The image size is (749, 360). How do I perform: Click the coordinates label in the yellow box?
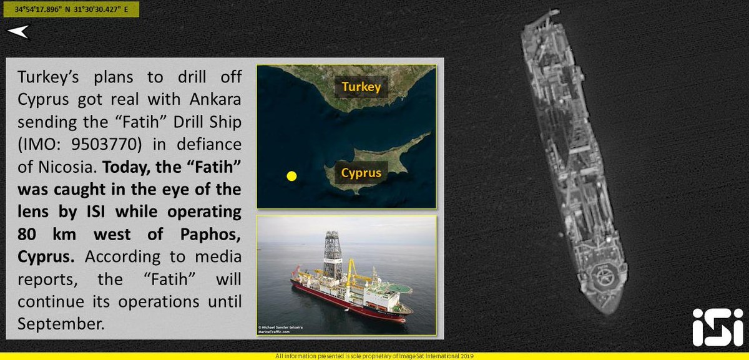pyautogui.click(x=71, y=9)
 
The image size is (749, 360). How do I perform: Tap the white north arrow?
pyautogui.click(x=19, y=32)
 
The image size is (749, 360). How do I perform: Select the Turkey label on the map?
pyautogui.click(x=361, y=87)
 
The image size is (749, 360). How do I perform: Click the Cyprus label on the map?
pyautogui.click(x=361, y=173)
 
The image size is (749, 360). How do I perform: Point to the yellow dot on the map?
pyautogui.click(x=291, y=176)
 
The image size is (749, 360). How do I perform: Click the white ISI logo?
pyautogui.click(x=718, y=327)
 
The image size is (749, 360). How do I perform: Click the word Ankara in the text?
pyautogui.click(x=215, y=99)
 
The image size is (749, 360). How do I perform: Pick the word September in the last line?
pyautogui.click(x=61, y=324)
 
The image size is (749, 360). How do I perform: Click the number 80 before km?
pyautogui.click(x=27, y=235)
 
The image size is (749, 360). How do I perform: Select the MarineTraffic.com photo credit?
pyautogui.click(x=274, y=331)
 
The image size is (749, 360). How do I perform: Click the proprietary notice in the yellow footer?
pyautogui.click(x=374, y=356)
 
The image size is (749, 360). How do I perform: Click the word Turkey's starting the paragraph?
pyautogui.click(x=48, y=77)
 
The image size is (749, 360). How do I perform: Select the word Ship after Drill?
pyautogui.click(x=225, y=122)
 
